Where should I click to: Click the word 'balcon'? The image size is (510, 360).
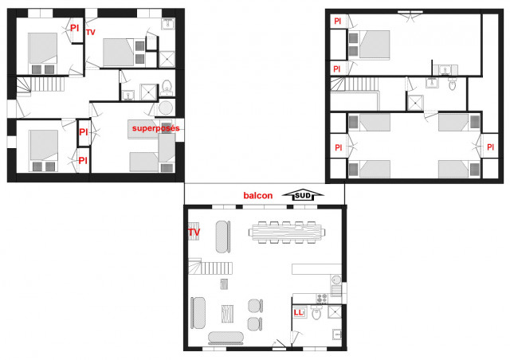click(258, 195)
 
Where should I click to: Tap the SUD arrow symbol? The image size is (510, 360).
click(304, 195)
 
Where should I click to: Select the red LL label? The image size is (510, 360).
click(299, 312)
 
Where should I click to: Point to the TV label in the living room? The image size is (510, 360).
click(194, 233)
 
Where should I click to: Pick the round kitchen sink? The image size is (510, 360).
click(336, 280)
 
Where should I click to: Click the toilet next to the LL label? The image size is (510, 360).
click(316, 314)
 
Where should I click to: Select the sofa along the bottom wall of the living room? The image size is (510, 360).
click(227, 338)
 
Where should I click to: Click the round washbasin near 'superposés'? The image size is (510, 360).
click(166, 108)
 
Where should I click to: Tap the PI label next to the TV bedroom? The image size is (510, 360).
click(75, 28)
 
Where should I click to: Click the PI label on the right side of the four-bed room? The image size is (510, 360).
click(488, 147)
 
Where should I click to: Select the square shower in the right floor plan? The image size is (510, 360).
click(415, 102)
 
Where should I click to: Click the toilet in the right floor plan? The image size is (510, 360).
click(451, 82)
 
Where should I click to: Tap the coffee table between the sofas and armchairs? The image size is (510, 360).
click(229, 313)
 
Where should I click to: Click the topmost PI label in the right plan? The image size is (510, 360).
click(337, 21)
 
